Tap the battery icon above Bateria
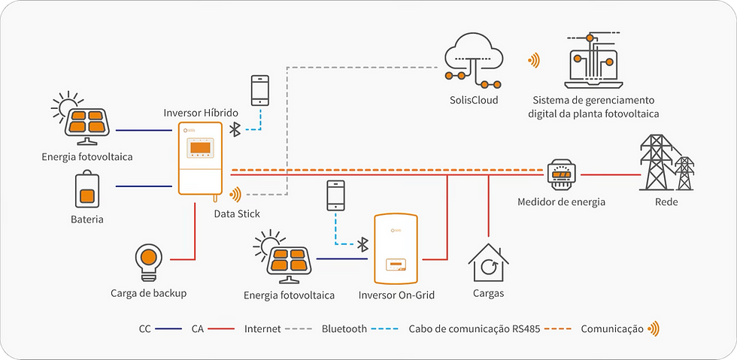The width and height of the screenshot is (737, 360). (87, 189)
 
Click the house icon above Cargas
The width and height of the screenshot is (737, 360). (489, 262)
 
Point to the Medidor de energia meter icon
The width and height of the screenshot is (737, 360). (561, 174)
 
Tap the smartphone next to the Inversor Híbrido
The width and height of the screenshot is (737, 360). (261, 90)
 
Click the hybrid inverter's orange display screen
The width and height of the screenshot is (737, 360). (200, 147)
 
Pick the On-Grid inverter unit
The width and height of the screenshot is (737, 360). (396, 248)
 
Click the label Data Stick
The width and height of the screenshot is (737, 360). (237, 214)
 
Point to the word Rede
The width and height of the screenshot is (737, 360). (666, 201)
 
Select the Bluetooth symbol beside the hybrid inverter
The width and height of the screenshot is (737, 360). (234, 129)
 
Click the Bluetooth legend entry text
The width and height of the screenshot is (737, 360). (344, 328)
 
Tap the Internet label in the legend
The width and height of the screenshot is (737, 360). (262, 328)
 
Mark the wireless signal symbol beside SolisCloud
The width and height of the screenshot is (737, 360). (535, 60)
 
